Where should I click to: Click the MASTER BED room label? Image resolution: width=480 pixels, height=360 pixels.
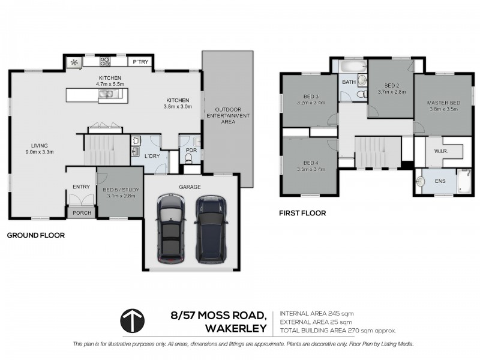(x=443, y=103)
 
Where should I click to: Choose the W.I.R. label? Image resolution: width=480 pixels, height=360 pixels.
(x=441, y=152)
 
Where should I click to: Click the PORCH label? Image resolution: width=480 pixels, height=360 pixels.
(x=81, y=212)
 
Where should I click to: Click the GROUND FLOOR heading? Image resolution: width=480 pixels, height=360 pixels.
(x=35, y=236)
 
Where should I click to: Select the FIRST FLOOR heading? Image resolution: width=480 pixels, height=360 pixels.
(x=302, y=212)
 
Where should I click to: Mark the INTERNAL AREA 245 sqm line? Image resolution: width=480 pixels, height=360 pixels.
(x=316, y=314)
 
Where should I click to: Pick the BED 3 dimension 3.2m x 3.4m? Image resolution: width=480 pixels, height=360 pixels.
(x=310, y=103)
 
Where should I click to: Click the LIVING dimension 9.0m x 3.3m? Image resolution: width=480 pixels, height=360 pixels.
(x=40, y=152)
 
